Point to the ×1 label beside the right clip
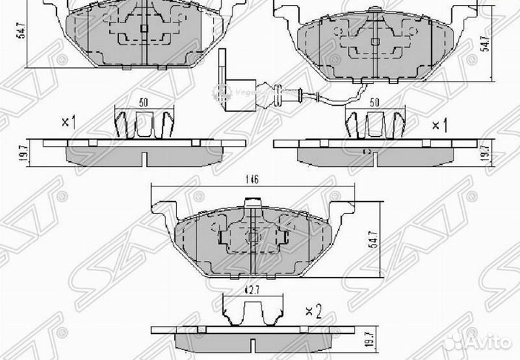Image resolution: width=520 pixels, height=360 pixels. tap(439, 125)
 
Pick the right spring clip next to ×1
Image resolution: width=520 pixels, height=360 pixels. tap(374, 126)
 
